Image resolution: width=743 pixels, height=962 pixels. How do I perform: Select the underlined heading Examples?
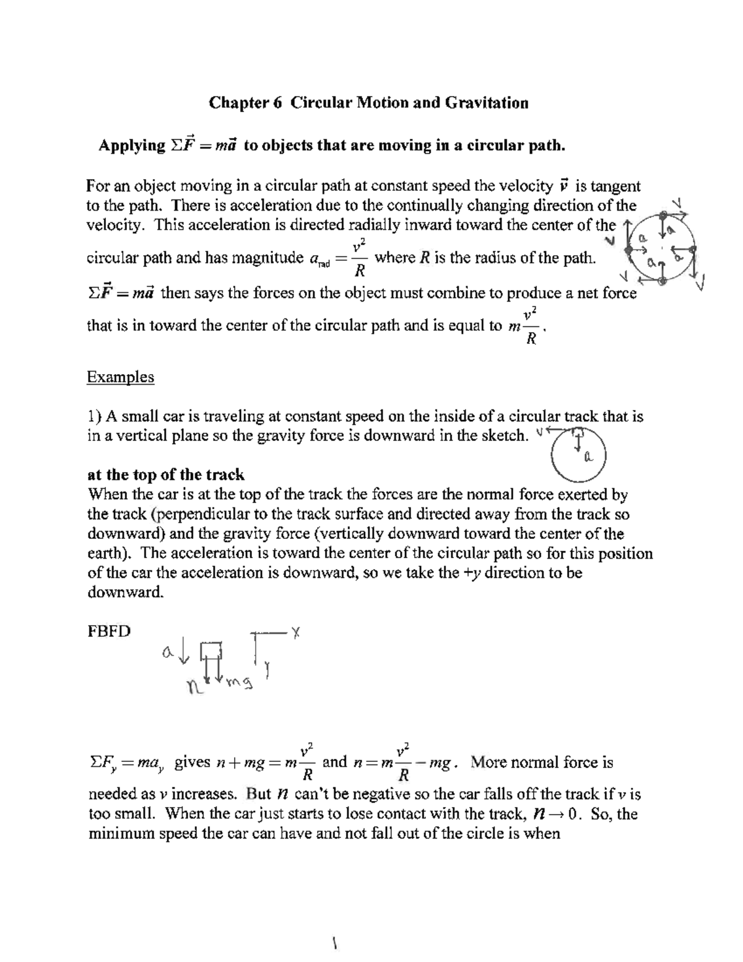(x=120, y=377)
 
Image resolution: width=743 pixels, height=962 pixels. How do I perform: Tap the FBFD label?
(x=109, y=631)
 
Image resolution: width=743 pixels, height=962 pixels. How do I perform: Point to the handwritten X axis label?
(x=296, y=632)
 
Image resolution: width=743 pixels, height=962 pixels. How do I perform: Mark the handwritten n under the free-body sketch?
(x=194, y=686)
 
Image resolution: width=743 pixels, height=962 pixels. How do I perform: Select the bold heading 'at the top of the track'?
(x=166, y=474)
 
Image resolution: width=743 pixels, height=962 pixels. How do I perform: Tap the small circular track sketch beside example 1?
(x=578, y=454)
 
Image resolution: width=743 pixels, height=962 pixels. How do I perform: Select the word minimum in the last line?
(x=121, y=833)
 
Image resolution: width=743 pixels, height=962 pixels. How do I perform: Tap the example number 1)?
(x=95, y=416)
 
